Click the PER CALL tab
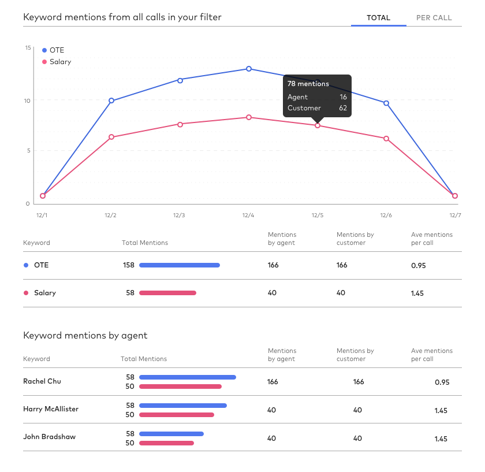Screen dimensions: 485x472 click(434, 18)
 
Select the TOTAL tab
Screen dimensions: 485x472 click(378, 18)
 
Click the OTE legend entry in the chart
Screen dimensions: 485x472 click(53, 50)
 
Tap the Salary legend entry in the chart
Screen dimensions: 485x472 click(57, 62)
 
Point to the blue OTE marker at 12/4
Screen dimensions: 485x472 click(249, 69)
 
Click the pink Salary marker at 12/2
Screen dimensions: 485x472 click(111, 137)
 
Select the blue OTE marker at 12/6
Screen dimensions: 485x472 click(386, 103)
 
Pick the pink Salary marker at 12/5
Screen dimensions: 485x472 click(318, 125)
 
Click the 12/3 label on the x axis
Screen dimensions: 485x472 click(179, 215)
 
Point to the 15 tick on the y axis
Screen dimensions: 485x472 click(28, 48)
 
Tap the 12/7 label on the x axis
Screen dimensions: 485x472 click(455, 215)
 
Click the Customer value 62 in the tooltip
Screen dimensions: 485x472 click(343, 107)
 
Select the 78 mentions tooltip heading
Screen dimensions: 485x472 click(308, 84)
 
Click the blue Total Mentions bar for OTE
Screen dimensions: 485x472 click(180, 265)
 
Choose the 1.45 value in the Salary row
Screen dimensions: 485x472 click(417, 293)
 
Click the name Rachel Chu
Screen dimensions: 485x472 click(42, 381)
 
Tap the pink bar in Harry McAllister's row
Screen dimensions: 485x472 click(177, 415)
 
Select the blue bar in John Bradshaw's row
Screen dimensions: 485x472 click(171, 434)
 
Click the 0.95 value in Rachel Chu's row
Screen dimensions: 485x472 click(442, 382)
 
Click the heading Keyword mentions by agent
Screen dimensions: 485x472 click(85, 336)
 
